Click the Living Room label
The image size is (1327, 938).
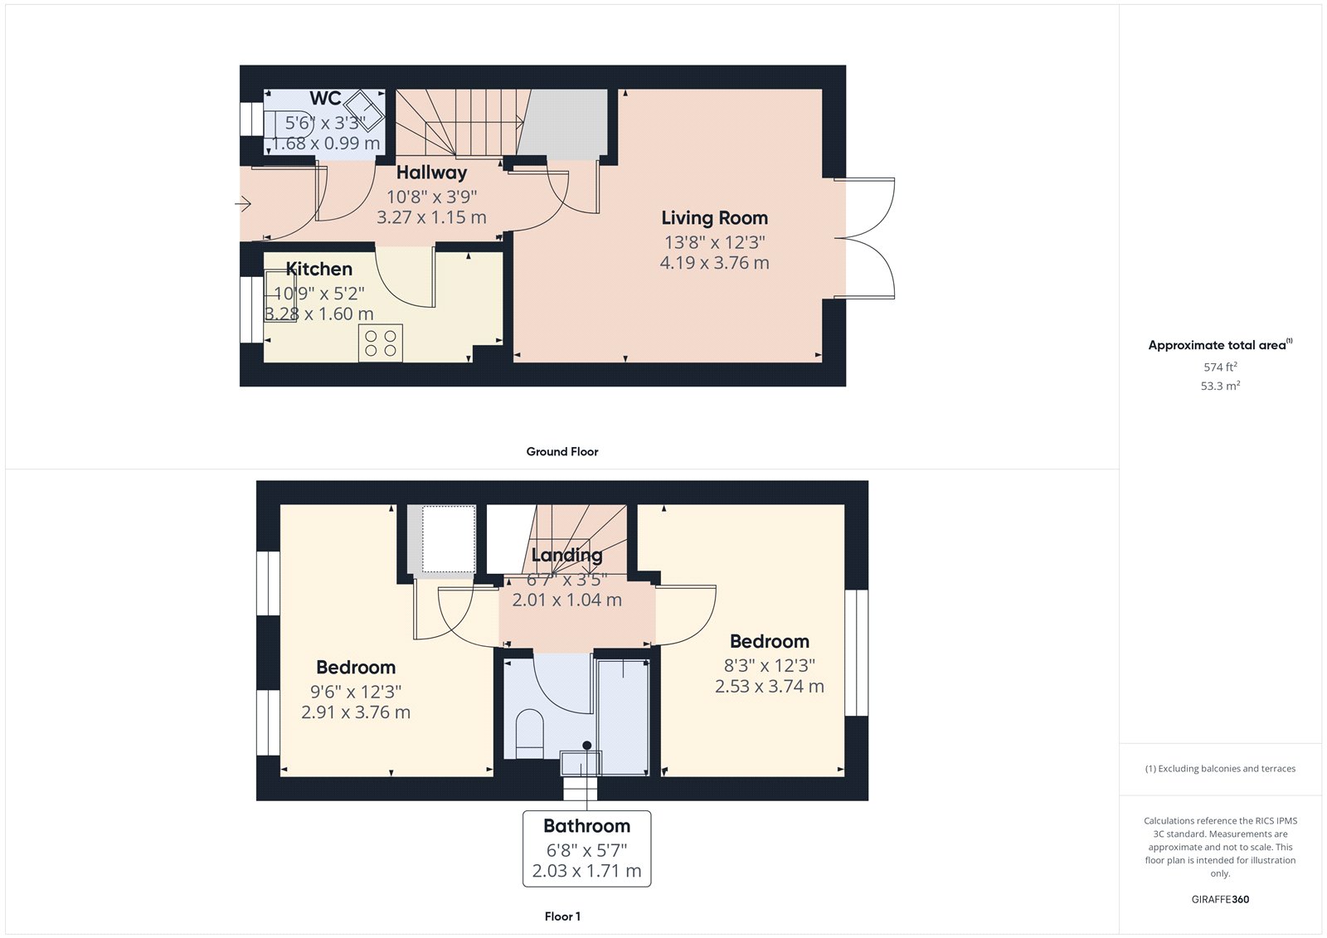714,218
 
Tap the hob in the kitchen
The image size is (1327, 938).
381,343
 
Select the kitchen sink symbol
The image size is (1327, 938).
280,295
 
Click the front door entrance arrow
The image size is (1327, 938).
243,203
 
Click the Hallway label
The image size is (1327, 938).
431,173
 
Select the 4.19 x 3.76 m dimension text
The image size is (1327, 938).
714,263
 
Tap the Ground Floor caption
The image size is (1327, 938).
561,452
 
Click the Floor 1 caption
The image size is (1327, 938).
562,916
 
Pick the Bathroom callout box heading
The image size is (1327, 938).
586,826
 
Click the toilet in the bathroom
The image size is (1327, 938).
529,733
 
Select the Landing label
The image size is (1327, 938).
567,555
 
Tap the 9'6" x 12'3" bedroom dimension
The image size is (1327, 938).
356,692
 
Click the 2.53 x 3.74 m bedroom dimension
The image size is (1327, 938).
770,687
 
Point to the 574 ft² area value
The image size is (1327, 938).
1220,367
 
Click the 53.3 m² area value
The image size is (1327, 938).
1220,386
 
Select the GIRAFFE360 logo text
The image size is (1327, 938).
1220,899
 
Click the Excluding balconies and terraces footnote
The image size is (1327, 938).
1220,769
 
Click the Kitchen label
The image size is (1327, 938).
319,270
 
